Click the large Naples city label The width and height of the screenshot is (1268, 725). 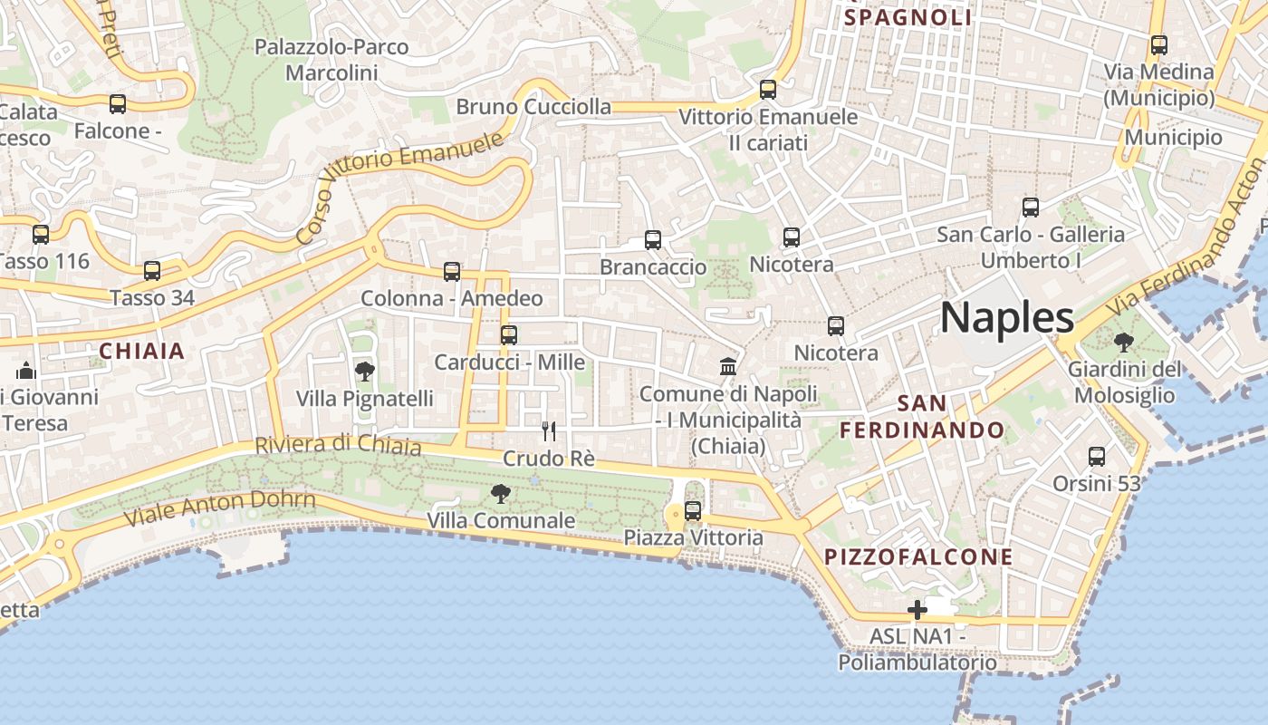click(x=1007, y=318)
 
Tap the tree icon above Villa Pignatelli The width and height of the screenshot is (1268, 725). click(x=364, y=371)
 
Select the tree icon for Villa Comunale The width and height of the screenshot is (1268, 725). click(x=500, y=494)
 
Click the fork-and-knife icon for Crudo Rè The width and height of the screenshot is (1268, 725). click(x=549, y=430)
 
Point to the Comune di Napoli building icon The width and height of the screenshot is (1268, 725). click(x=728, y=367)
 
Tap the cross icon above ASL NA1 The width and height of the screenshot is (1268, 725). click(x=917, y=610)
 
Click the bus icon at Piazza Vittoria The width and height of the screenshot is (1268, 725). click(x=693, y=511)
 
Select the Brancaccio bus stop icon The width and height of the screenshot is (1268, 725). click(x=653, y=240)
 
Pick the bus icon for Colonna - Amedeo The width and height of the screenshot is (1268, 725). click(x=452, y=271)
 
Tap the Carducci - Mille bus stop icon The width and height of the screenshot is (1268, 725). click(x=509, y=335)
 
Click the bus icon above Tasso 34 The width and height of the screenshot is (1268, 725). click(x=152, y=270)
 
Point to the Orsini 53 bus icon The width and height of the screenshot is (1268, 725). click(x=1097, y=457)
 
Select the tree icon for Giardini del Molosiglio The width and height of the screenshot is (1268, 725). click(x=1123, y=343)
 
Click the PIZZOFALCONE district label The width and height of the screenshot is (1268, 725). click(x=918, y=556)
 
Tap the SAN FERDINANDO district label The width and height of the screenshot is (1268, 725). click(x=922, y=417)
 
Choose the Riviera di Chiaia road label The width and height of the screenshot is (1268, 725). click(x=338, y=446)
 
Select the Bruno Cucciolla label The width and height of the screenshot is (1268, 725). click(x=533, y=107)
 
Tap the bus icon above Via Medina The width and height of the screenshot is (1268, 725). click(x=1158, y=44)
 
